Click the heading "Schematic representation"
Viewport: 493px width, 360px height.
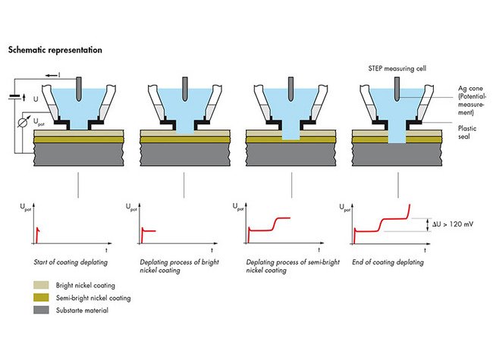point(55,50)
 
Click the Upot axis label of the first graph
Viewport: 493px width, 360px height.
point(29,205)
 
